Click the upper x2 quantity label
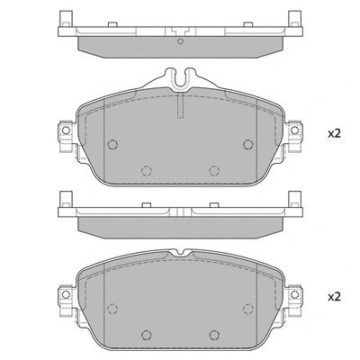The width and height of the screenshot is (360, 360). pos(334,133)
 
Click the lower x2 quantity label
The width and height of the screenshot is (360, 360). pos(334,295)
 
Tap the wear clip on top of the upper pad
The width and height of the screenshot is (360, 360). pos(181,80)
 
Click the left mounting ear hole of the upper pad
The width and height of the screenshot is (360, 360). pos(66,133)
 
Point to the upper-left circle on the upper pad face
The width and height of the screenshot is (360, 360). pos(112,145)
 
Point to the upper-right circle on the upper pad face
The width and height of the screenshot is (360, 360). pos(249,145)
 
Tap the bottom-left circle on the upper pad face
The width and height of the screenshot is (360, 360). pos(148,168)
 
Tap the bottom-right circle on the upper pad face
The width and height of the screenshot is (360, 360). pos(214,168)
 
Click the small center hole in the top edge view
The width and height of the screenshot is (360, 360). pos(181,41)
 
